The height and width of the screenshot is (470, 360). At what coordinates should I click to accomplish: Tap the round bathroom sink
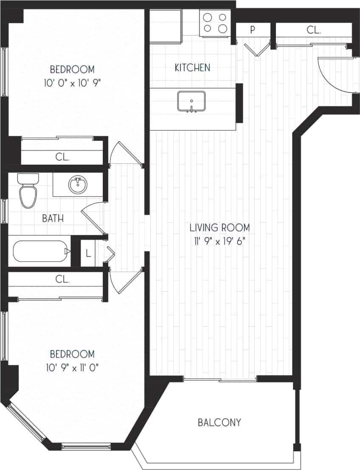pos(78,185)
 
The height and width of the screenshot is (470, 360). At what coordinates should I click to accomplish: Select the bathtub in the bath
pos(40,251)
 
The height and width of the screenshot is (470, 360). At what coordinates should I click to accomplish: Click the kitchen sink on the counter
pos(191,101)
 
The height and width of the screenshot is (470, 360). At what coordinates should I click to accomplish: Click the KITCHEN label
pos(192,67)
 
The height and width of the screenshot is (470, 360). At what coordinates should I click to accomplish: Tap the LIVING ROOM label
pos(219,227)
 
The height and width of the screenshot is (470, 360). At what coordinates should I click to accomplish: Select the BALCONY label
pos(219,422)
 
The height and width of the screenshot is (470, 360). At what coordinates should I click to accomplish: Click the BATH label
pos(53,219)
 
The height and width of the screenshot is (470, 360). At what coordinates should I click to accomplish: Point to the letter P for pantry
pos(253,30)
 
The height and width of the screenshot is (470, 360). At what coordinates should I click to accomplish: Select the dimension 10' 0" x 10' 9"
pos(72,83)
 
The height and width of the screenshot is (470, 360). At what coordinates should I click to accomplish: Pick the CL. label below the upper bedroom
pos(62,157)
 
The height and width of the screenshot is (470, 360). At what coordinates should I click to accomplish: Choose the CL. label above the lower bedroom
pos(62,280)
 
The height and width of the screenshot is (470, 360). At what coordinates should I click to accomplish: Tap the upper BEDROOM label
pos(72,69)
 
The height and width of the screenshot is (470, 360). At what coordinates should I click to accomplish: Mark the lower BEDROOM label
pos(72,354)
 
